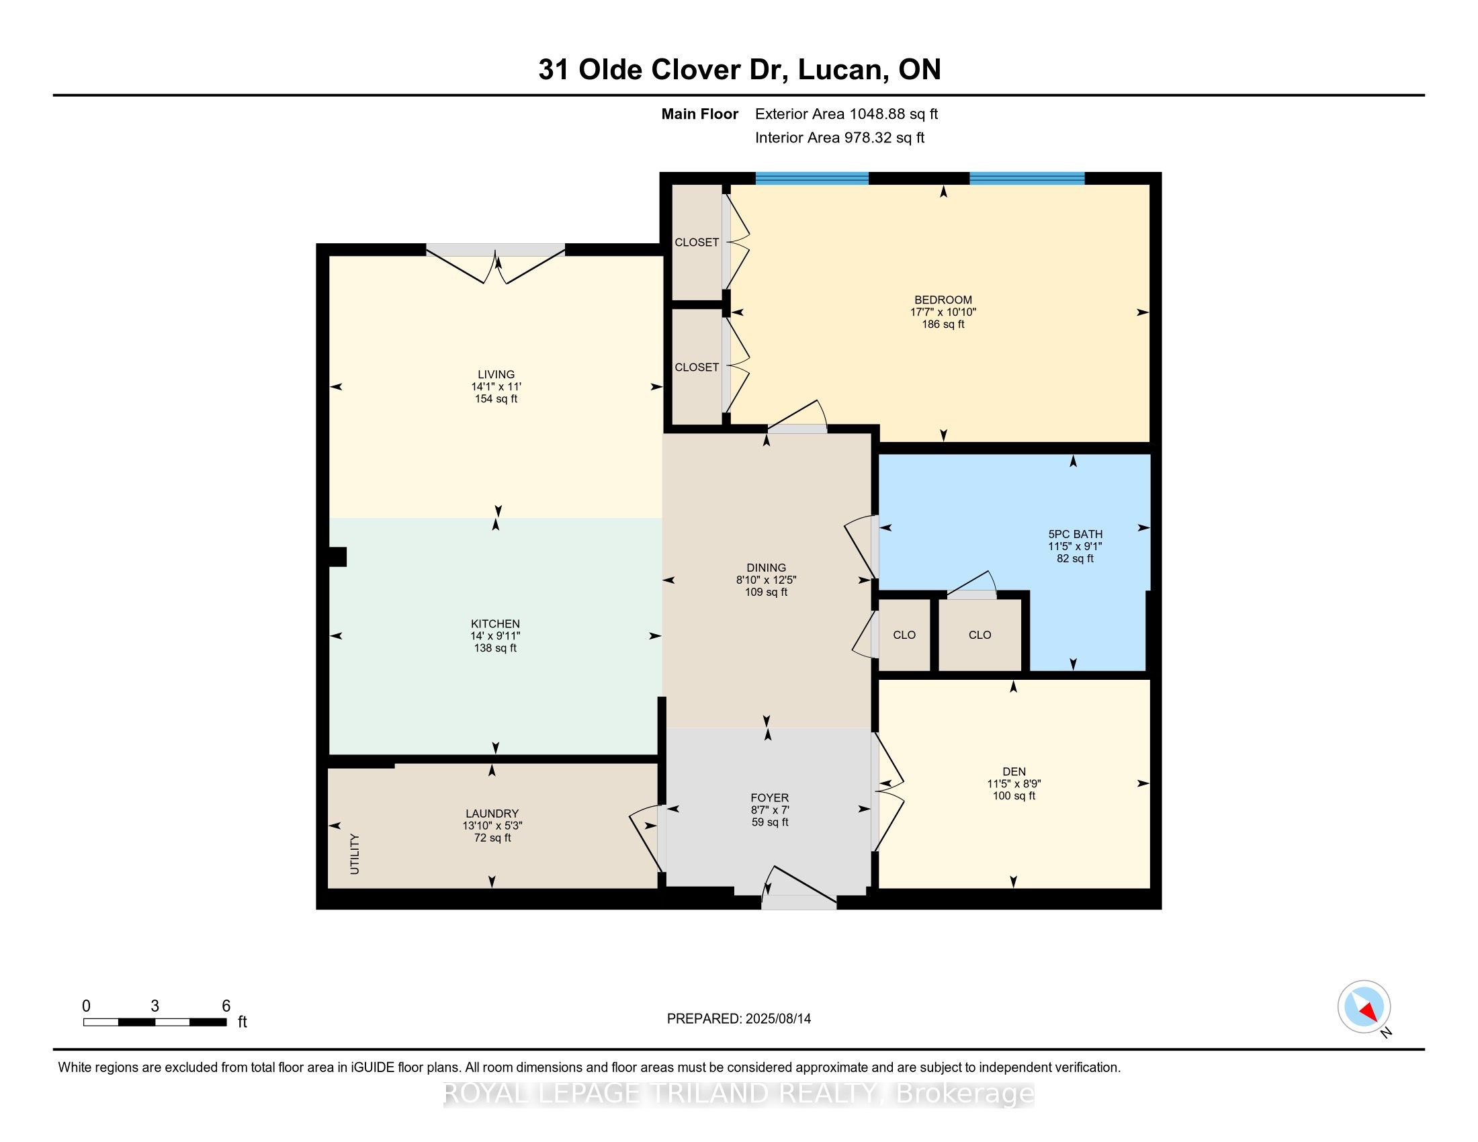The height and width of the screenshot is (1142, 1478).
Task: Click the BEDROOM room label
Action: [943, 300]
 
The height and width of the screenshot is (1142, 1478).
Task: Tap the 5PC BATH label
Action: [1076, 534]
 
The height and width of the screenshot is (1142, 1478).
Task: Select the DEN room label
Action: [1014, 771]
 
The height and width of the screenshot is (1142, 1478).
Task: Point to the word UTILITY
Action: [355, 854]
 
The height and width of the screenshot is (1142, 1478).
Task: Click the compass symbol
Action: [1364, 1008]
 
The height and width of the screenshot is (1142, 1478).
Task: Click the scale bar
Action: [155, 1022]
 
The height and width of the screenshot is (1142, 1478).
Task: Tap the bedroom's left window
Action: [812, 179]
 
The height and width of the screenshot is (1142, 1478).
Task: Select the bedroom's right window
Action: [1027, 179]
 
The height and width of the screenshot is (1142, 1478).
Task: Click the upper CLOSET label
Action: [697, 243]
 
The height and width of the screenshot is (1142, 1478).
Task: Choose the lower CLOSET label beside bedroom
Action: [697, 367]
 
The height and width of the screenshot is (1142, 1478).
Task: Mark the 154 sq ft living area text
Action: [496, 399]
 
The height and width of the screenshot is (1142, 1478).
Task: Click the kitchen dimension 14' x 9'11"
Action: [495, 636]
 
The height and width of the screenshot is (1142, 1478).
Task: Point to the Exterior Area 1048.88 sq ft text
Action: [846, 114]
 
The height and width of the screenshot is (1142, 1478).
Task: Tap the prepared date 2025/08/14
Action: [777, 1019]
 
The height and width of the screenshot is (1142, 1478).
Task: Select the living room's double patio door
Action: [495, 264]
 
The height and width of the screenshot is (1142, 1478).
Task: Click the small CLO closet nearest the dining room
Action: [904, 635]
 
